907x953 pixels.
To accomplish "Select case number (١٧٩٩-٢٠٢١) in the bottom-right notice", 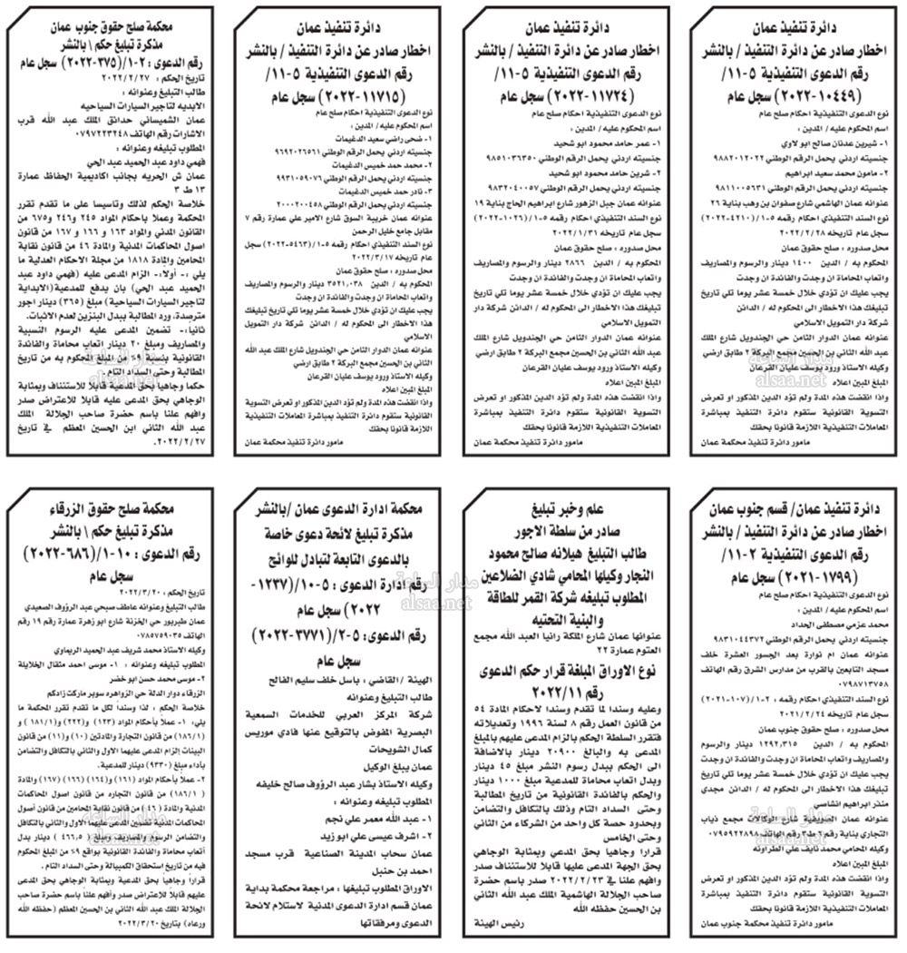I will pos(798,571).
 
